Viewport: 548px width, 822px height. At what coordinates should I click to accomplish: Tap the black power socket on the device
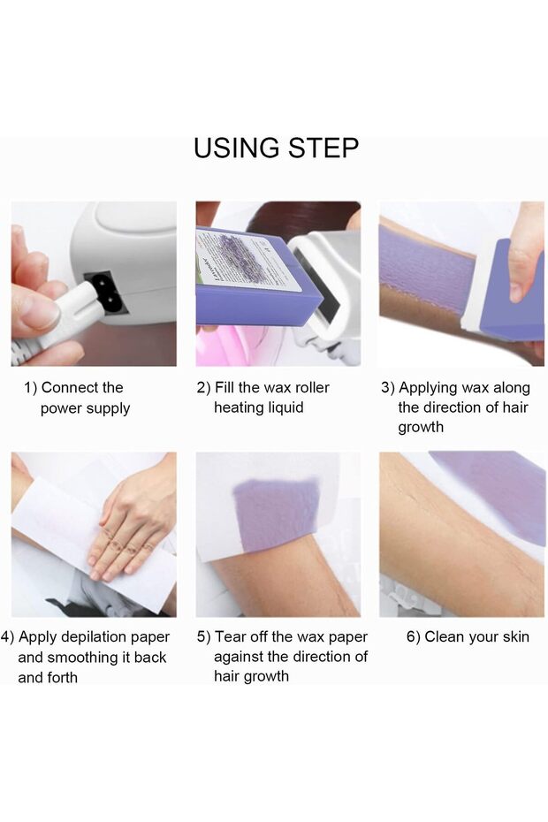108,292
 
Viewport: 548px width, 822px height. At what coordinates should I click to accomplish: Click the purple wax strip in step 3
426,272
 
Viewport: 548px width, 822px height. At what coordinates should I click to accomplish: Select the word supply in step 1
108,408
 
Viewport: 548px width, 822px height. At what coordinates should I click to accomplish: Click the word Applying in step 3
429,388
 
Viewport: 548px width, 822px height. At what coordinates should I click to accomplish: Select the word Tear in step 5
230,637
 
